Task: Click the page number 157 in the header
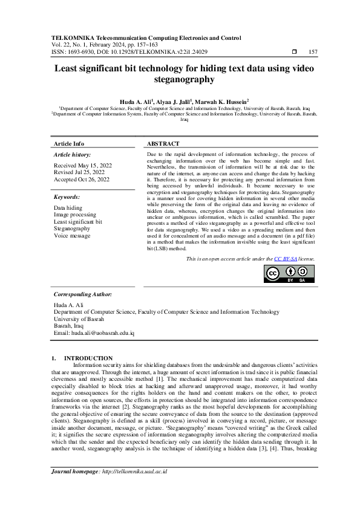[313, 52]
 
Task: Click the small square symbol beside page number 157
[294, 52]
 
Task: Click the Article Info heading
[70, 144]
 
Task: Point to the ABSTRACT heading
[163, 144]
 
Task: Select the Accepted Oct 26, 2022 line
[82, 180]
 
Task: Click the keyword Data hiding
[68, 207]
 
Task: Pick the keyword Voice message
[72, 236]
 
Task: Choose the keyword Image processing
[75, 215]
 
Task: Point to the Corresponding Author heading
[83, 294]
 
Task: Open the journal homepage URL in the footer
[134, 471]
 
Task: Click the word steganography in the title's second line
[180, 79]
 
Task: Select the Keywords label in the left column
[67, 197]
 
